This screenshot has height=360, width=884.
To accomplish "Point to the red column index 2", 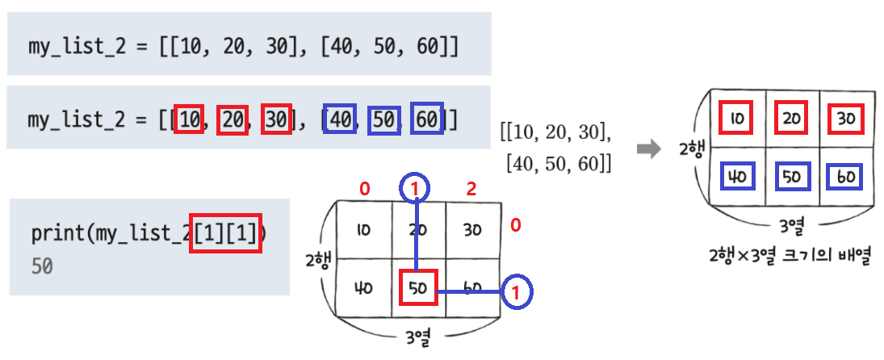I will (471, 190).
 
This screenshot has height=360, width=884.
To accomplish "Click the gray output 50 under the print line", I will (42, 266).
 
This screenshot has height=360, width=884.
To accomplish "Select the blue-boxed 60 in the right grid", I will (844, 177).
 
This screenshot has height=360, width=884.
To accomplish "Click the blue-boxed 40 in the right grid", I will (735, 177).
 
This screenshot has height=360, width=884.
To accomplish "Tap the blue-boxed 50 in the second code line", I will (383, 120).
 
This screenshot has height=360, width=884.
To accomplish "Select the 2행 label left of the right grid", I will (691, 149).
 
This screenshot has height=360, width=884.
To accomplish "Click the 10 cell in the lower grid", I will (362, 230).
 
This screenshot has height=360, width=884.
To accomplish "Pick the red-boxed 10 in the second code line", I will (190, 120).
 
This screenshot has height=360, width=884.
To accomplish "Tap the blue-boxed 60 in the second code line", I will (428, 120).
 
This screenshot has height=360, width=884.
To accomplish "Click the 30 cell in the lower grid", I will (472, 230).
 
